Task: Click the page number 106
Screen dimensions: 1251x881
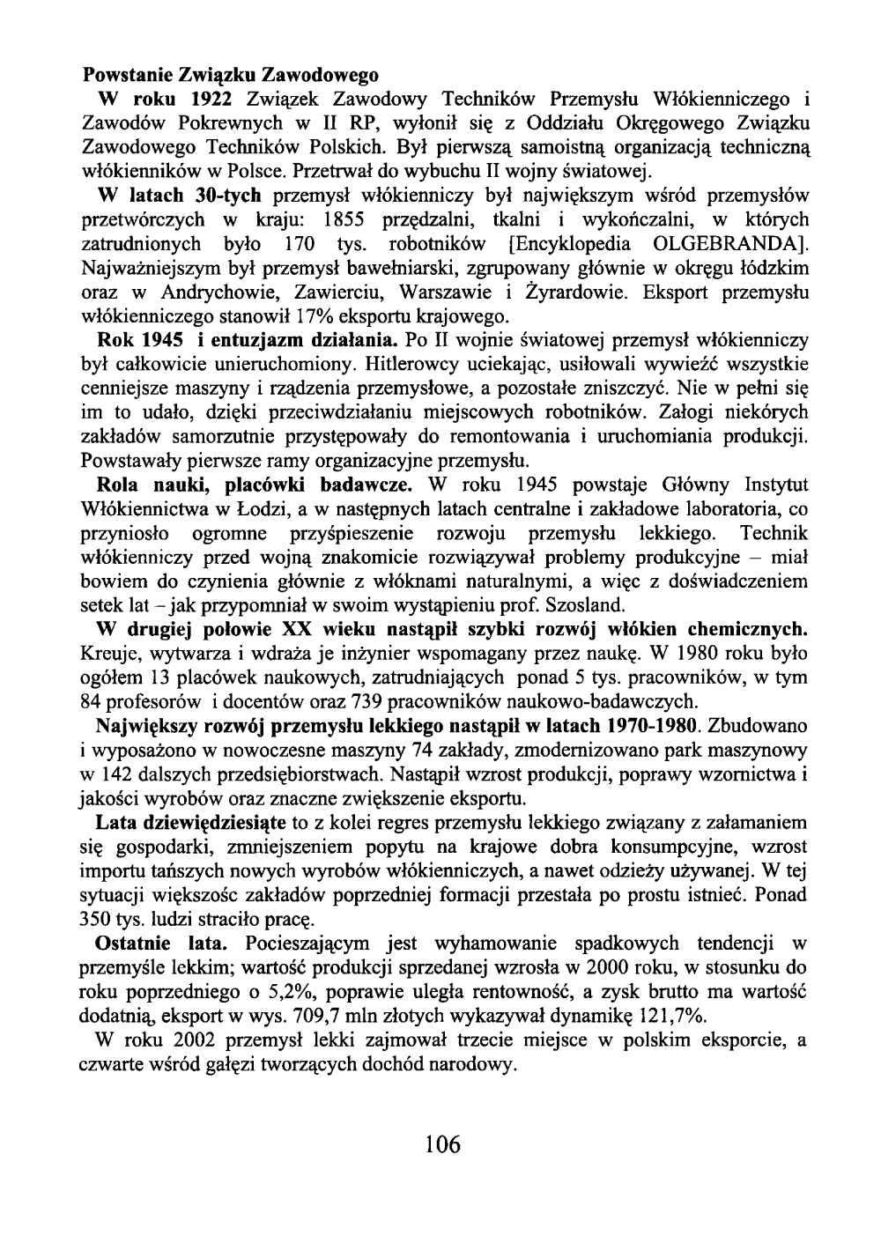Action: pyautogui.click(x=441, y=1144)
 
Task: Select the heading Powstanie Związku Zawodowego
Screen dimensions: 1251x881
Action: pyautogui.click(x=230, y=69)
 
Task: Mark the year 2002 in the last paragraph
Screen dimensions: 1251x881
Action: pyautogui.click(x=187, y=1040)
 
